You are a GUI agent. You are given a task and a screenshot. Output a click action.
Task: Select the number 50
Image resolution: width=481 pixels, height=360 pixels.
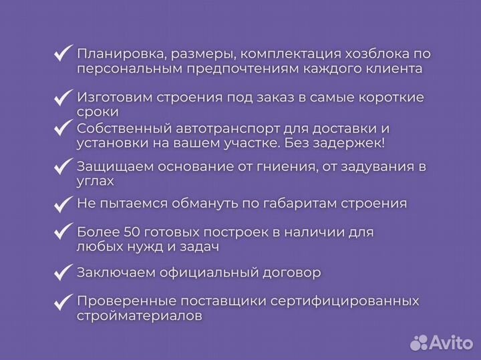coord(132,232)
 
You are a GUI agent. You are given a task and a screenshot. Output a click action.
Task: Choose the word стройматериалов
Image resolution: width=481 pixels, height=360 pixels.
coord(138,316)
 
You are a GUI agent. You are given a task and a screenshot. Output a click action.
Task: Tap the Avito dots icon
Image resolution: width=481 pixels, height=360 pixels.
coord(419,343)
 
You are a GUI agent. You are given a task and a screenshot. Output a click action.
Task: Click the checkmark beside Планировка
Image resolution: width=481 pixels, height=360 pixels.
coord(63,53)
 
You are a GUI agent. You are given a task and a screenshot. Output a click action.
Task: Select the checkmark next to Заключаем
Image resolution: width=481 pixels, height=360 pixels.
coord(63,272)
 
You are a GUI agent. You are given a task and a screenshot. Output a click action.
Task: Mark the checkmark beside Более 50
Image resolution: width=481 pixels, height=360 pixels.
coord(63,232)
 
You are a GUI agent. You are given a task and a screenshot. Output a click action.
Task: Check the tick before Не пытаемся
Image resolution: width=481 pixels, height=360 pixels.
coord(63,202)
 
